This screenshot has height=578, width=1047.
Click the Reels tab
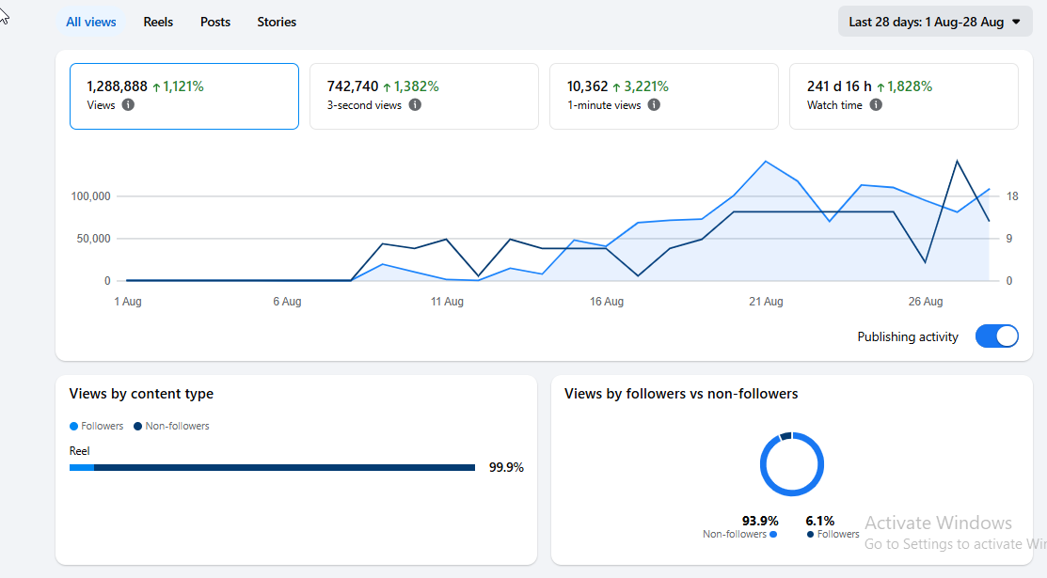(x=158, y=22)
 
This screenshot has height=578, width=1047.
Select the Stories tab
(x=277, y=22)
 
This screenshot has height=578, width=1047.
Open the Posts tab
(x=215, y=22)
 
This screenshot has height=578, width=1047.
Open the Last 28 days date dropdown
(x=935, y=22)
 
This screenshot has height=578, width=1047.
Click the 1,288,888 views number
(x=117, y=86)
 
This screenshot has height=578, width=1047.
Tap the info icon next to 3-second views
(x=415, y=104)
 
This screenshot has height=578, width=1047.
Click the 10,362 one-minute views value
(x=588, y=86)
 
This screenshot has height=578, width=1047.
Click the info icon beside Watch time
(x=876, y=104)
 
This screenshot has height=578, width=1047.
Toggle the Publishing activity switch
(x=997, y=336)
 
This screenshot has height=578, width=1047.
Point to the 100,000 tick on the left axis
(x=91, y=196)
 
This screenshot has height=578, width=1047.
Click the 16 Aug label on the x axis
(x=607, y=302)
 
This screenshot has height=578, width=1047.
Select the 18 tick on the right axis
(x=1012, y=196)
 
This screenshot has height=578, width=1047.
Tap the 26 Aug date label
(x=926, y=302)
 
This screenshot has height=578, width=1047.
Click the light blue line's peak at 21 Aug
(x=766, y=162)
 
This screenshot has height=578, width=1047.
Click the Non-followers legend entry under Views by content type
(x=171, y=426)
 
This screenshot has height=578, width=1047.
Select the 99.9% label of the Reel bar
(x=506, y=467)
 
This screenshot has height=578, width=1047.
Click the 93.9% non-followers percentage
(x=760, y=521)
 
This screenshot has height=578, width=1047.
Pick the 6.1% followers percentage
(x=820, y=521)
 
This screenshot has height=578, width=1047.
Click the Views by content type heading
(x=141, y=394)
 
